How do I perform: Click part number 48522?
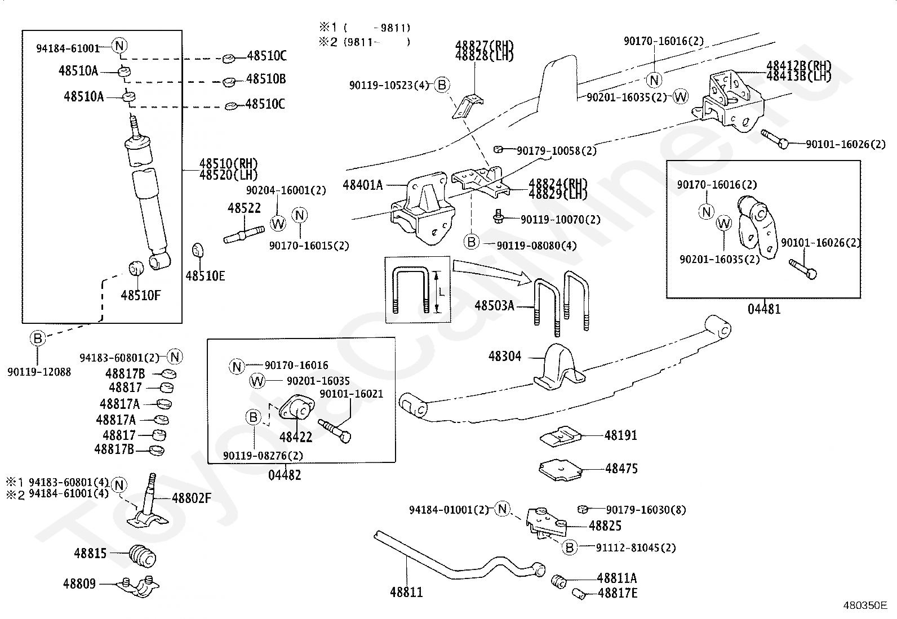click(244, 208)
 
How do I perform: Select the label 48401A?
click(362, 184)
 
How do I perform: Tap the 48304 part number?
click(505, 356)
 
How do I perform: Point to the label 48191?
click(620, 435)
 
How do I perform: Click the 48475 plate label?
click(621, 468)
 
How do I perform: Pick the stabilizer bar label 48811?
click(406, 592)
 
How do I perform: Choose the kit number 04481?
click(764, 309)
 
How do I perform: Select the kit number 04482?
click(285, 475)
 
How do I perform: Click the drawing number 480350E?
click(864, 606)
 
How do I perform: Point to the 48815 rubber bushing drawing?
click(143, 555)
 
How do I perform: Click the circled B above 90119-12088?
click(37, 339)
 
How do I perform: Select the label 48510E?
click(205, 275)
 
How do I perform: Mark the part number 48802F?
click(192, 498)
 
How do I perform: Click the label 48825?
click(605, 526)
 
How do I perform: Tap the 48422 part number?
click(295, 437)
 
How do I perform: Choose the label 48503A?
click(494, 306)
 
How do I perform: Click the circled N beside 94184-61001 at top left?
click(119, 46)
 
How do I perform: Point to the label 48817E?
click(618, 593)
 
